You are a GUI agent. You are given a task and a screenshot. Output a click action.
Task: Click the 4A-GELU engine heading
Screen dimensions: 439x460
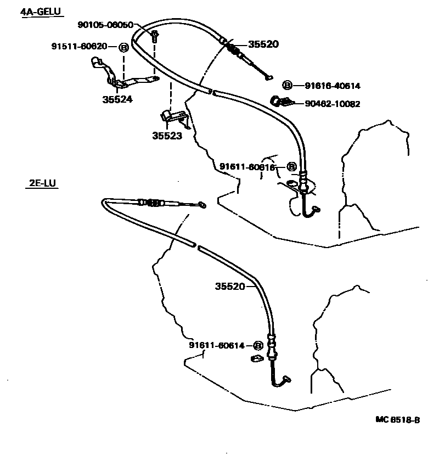pyautogui.click(x=41, y=12)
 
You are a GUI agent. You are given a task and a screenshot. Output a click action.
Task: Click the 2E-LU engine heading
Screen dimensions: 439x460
pyautogui.click(x=42, y=183)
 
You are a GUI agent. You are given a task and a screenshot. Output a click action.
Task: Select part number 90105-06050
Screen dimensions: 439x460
pyautogui.click(x=105, y=25)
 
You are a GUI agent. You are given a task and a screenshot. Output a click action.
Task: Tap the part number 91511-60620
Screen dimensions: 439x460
pyautogui.click(x=79, y=46)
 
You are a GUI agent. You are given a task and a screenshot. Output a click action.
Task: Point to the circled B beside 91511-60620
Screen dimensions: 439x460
pyautogui.click(x=124, y=47)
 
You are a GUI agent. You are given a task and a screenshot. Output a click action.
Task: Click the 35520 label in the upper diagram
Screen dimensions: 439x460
pyautogui.click(x=263, y=44)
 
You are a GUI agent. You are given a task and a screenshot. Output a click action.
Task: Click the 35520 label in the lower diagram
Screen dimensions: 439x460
pyautogui.click(x=230, y=286)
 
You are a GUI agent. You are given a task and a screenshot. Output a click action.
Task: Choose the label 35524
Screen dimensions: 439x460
pyautogui.click(x=117, y=99)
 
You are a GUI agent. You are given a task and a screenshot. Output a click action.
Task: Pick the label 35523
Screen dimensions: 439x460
pyautogui.click(x=167, y=136)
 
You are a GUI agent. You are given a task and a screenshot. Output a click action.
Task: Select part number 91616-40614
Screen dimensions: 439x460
pyautogui.click(x=333, y=86)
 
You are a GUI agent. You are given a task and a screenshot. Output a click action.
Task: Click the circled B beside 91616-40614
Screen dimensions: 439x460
pyautogui.click(x=287, y=85)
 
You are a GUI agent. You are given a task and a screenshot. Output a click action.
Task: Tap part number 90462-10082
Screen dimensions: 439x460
pyautogui.click(x=333, y=104)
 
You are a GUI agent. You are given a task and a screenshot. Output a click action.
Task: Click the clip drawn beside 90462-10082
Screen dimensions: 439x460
pyautogui.click(x=281, y=101)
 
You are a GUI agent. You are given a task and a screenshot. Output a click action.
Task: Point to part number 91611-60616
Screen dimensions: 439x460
pyautogui.click(x=247, y=167)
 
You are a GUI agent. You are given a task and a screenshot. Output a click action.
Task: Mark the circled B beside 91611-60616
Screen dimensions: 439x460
pyautogui.click(x=291, y=167)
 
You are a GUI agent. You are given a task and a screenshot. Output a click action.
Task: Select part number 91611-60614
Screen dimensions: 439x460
pyautogui.click(x=216, y=345)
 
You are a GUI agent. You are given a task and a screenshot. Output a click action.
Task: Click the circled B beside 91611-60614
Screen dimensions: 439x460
pyautogui.click(x=258, y=346)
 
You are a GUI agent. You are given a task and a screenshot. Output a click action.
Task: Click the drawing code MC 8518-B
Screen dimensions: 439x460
pyautogui.click(x=398, y=420)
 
